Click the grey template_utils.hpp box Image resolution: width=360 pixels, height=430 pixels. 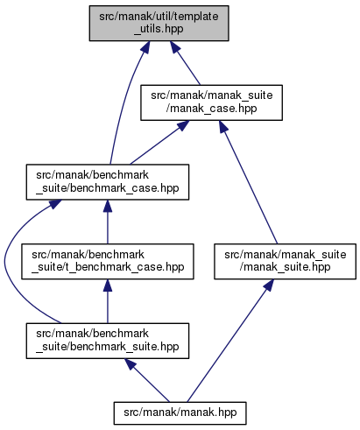pyautogui.click(x=159, y=23)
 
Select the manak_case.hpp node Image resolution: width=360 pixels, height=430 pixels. pyautogui.click(x=211, y=102)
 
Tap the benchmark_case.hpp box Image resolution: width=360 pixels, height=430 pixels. pyautogui.click(x=108, y=182)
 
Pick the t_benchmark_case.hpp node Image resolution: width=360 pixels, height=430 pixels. pyautogui.click(x=108, y=262)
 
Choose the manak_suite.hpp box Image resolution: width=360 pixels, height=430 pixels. pyautogui.click(x=285, y=262)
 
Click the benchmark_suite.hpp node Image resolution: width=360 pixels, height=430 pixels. pyautogui.click(x=108, y=341)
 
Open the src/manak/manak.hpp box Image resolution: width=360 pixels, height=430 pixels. pyautogui.click(x=180, y=413)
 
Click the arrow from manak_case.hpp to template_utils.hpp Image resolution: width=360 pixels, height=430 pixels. pyautogui.click(x=185, y=63)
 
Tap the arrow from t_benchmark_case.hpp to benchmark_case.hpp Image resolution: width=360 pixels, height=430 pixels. pyautogui.click(x=108, y=222)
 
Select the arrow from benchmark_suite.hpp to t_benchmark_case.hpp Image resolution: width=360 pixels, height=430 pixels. pyautogui.click(x=108, y=301)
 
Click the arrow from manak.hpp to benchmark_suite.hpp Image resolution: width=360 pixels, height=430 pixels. pyautogui.click(x=147, y=380)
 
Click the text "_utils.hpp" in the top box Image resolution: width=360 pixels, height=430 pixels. pyautogui.click(x=159, y=29)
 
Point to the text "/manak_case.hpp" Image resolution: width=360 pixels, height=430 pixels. pyautogui.click(x=211, y=109)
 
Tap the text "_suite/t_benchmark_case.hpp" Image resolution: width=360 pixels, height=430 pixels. pyautogui.click(x=108, y=267)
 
